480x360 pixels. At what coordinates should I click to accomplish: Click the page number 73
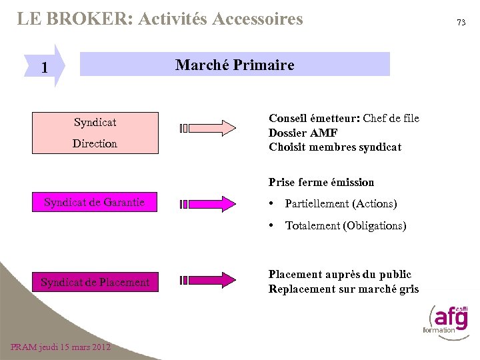coord(461,23)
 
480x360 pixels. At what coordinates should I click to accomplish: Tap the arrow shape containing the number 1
coord(48,67)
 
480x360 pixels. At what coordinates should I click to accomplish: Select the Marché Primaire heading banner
coord(235,65)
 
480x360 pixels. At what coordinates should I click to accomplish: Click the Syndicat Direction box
coord(95,133)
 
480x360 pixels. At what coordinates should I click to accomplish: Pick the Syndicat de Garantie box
coord(95,202)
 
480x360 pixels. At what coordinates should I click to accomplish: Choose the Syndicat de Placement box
coord(95,282)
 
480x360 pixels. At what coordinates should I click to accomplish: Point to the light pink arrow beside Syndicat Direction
coord(208,128)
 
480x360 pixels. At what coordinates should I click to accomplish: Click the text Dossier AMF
coord(303,133)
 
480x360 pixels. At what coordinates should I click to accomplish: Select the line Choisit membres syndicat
coord(335,147)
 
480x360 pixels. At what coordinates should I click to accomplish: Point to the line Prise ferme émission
coord(321,182)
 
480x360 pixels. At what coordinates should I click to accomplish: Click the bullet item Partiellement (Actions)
coord(340,203)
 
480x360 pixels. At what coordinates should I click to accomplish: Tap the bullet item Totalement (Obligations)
coord(345,225)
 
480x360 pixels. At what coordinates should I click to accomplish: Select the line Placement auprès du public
coord(339,274)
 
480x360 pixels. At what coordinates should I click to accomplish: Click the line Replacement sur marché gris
coord(344,289)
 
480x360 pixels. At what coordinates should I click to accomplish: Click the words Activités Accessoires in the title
coord(220,19)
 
